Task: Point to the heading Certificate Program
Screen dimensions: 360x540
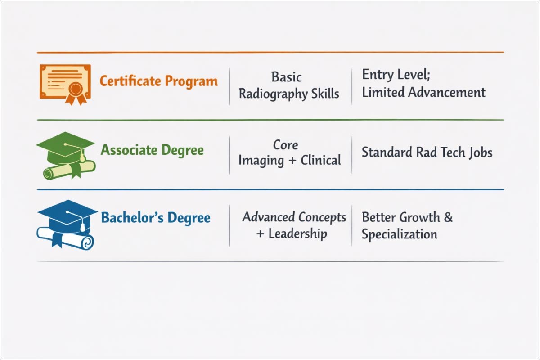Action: tap(158, 81)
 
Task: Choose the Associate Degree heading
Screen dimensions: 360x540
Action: tap(152, 150)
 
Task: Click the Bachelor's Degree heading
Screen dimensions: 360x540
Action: tap(155, 218)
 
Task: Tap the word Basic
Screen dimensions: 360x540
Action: tap(286, 77)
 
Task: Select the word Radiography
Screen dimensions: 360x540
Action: tap(273, 94)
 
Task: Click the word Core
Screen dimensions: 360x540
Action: tap(286, 145)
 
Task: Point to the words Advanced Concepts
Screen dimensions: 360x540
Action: tap(294, 217)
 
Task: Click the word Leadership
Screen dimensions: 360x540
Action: tap(297, 234)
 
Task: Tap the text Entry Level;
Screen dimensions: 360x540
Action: tap(396, 75)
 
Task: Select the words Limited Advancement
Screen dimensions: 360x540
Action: tap(423, 93)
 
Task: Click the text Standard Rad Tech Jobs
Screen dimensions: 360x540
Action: tap(427, 152)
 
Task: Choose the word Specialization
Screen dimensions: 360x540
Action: tap(399, 234)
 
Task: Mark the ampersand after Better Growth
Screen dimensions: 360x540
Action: tap(448, 217)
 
